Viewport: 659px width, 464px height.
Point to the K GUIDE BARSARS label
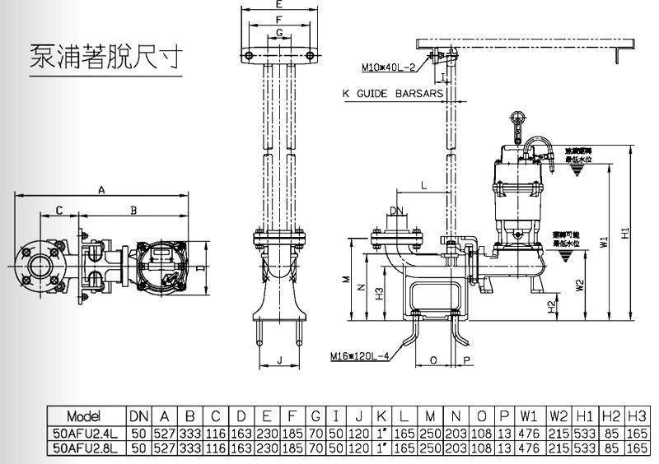pyautogui.click(x=392, y=94)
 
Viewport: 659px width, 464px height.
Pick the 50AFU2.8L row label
pyautogui.click(x=86, y=448)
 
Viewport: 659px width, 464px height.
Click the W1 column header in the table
pyautogui.click(x=529, y=415)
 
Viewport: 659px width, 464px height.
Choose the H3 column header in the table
pyautogui.click(x=637, y=415)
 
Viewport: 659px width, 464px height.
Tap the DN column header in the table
pyautogui.click(x=138, y=415)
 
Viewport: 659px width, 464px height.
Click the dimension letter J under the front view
pyautogui.click(x=280, y=360)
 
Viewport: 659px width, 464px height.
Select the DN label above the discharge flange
pyautogui.click(x=397, y=212)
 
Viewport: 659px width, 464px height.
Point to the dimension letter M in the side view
pyautogui.click(x=348, y=279)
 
